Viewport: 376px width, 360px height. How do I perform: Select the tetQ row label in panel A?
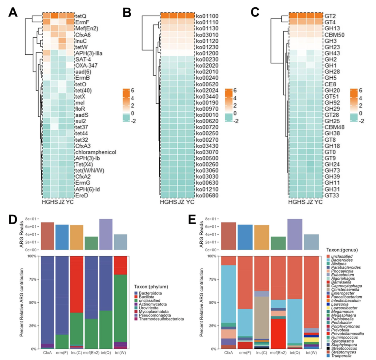81,16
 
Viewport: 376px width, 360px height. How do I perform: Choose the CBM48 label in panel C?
335,127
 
